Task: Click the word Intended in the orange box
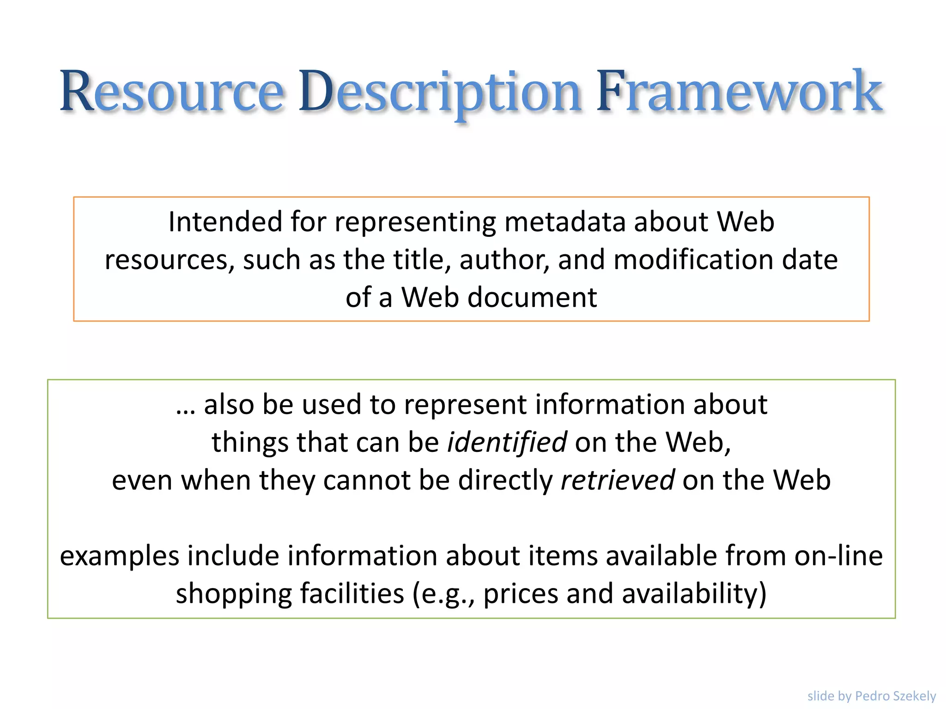(x=225, y=222)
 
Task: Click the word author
(x=504, y=259)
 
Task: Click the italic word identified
(x=507, y=442)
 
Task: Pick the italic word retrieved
(x=617, y=480)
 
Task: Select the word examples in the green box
(x=119, y=556)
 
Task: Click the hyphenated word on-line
(x=838, y=555)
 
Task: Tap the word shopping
(x=234, y=594)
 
